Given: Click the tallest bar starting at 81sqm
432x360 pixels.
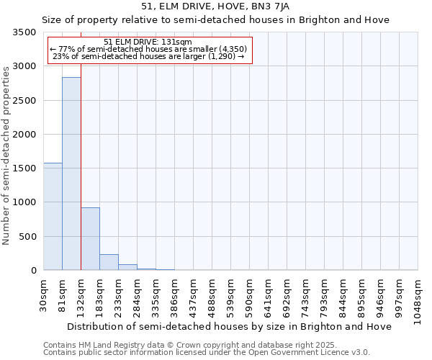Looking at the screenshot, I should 71,174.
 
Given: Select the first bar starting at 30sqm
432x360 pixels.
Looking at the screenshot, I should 53,216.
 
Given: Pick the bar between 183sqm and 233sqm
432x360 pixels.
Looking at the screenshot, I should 109,262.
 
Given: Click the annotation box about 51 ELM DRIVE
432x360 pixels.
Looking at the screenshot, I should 150,50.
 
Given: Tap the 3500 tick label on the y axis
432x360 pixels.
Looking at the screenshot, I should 24,33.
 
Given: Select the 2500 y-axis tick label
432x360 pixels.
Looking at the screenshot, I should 24,101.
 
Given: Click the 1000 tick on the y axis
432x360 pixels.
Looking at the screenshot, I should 24,202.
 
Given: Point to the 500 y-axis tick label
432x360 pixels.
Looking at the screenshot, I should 27,236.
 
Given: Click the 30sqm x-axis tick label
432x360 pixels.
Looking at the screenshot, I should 43,294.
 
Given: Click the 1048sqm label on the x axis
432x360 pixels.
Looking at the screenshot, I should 418,300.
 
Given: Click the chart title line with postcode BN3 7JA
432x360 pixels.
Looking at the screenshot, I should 215,6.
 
